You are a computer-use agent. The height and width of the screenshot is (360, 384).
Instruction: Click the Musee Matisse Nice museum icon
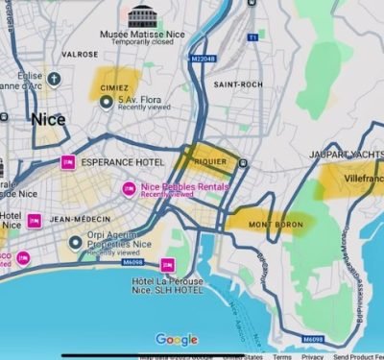pyautogui.click(x=140, y=16)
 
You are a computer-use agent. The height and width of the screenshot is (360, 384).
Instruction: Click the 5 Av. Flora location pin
pyautogui.click(x=107, y=102)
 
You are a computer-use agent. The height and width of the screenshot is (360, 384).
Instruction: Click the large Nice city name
pyautogui.click(x=48, y=120)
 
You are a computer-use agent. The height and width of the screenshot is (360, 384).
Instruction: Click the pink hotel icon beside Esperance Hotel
pyautogui.click(x=68, y=162)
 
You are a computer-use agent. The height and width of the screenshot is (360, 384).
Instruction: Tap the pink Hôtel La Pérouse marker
pyautogui.click(x=167, y=264)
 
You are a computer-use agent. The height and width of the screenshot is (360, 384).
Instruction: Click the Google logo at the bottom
pyautogui.click(x=177, y=339)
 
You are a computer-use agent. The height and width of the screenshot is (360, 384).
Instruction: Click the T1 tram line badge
pyautogui.click(x=253, y=37)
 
